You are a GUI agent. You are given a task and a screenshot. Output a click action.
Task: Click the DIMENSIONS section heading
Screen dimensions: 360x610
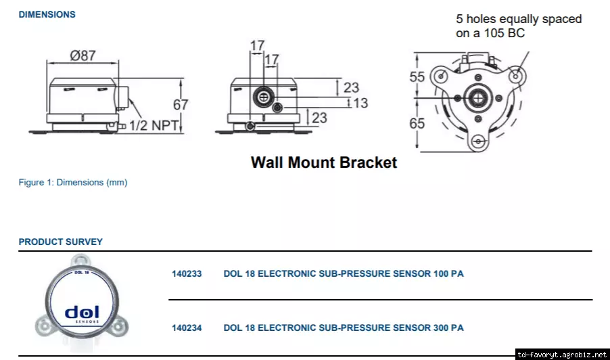[47, 14]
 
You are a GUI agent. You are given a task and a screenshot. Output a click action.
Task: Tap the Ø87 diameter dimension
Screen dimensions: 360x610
[83, 55]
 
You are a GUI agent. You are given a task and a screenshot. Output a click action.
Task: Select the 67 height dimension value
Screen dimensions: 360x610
[181, 105]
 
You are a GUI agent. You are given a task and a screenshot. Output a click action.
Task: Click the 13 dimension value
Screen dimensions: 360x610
[360, 103]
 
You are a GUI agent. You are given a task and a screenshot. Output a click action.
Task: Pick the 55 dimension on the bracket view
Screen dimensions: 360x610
[417, 77]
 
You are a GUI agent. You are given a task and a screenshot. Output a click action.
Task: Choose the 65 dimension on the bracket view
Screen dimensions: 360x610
[417, 124]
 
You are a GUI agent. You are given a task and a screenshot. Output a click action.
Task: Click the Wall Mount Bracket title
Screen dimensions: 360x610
[323, 162]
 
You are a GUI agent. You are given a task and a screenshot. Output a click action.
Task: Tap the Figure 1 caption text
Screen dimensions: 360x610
[72, 182]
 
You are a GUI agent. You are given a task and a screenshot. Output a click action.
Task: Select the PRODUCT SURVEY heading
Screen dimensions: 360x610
[60, 242]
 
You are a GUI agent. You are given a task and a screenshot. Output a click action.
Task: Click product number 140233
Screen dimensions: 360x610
[187, 274]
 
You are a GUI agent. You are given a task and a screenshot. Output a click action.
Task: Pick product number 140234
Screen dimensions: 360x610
[187, 328]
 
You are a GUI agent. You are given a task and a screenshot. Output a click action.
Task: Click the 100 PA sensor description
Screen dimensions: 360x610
[344, 274]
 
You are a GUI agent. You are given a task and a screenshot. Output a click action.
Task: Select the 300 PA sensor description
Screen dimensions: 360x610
[344, 328]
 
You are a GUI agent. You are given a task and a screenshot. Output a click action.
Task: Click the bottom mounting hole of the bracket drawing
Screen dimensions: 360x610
[479, 141]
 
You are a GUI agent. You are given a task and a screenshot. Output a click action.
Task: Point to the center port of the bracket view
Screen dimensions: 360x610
[479, 98]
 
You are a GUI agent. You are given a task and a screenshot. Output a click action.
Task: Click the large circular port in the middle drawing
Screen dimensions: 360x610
[262, 97]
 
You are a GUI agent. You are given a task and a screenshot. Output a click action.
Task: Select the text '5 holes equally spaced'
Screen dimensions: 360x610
[519, 19]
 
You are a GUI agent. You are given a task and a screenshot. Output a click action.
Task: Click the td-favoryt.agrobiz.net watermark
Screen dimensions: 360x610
[562, 354]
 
